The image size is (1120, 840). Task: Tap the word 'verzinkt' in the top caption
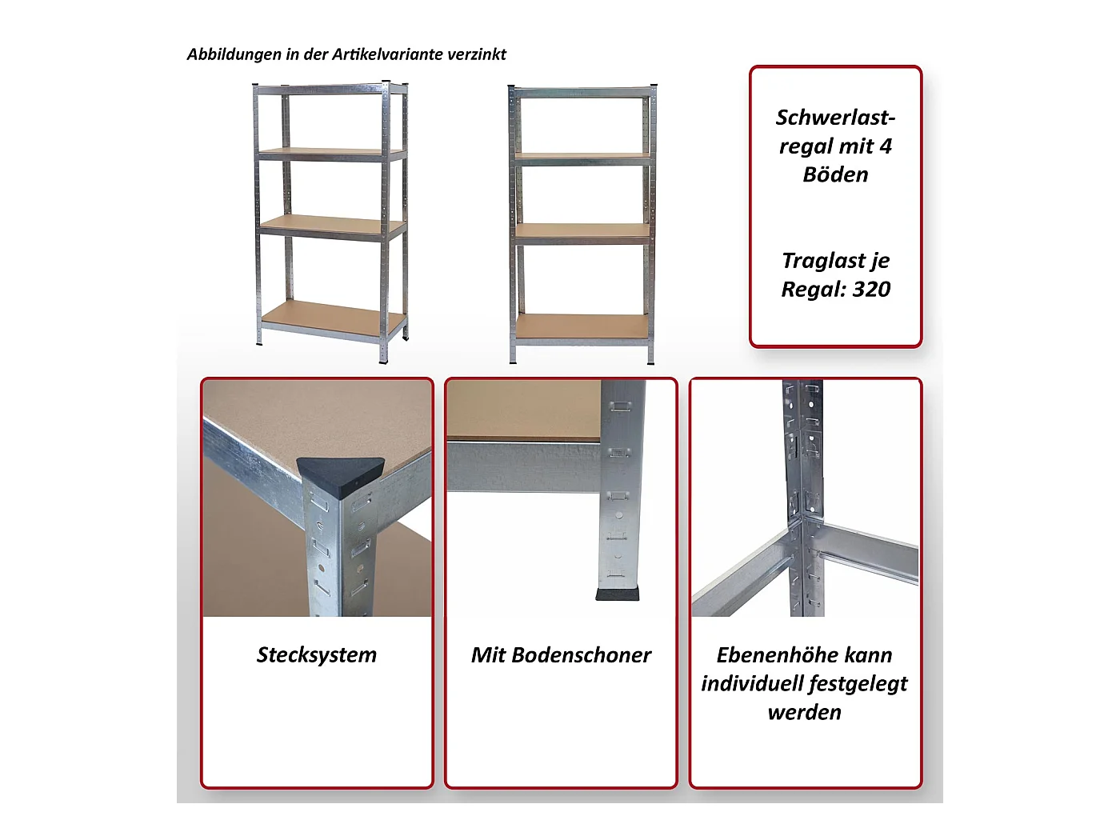[x=476, y=54]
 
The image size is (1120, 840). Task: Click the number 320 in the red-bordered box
[x=871, y=289]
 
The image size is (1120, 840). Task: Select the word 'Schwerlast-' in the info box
[x=835, y=118]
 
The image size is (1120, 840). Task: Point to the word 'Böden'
[x=835, y=174]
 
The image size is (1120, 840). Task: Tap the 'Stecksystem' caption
[x=316, y=655]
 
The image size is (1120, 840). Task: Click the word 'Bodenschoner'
[x=581, y=655]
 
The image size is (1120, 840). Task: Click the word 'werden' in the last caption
[x=804, y=713]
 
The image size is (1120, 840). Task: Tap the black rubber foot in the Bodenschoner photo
[x=618, y=594]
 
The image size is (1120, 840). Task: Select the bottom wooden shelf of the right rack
[x=582, y=326]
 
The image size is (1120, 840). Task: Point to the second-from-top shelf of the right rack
[x=582, y=158]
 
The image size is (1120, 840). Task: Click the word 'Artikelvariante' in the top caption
[x=388, y=54]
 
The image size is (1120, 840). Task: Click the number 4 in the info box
[x=886, y=146]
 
